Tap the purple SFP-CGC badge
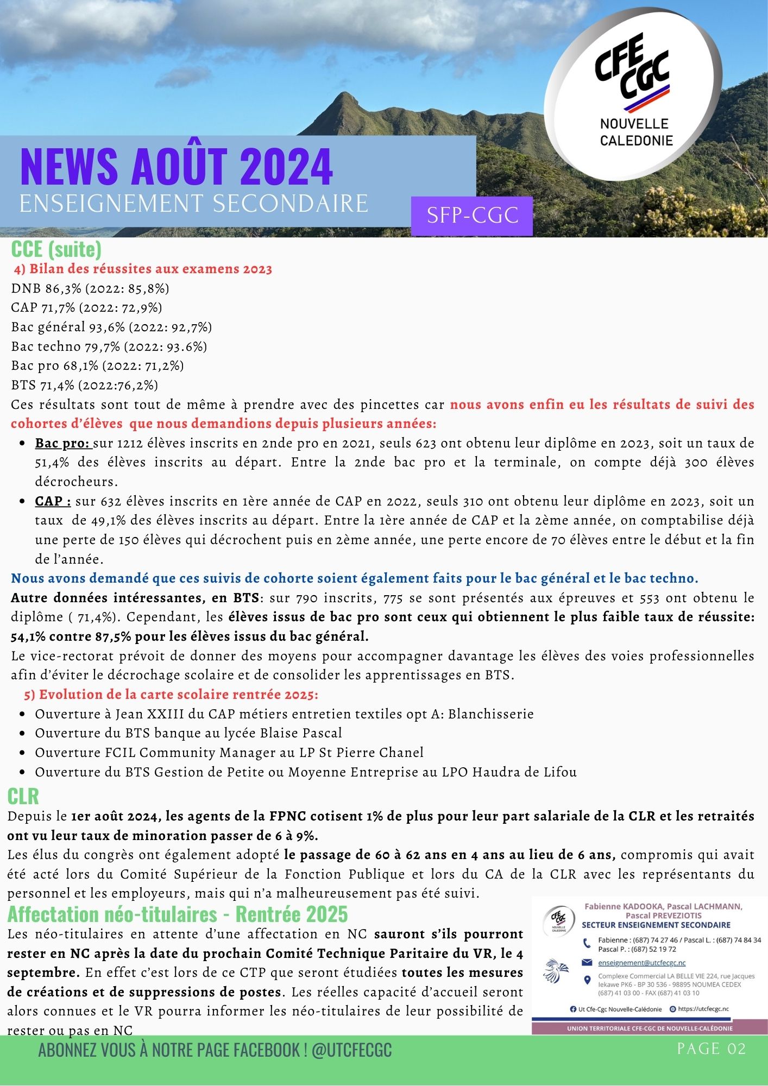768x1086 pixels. click(x=472, y=216)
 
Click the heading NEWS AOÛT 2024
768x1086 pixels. click(x=177, y=166)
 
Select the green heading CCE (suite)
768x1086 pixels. click(x=56, y=249)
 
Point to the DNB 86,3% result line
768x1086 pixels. click(x=90, y=288)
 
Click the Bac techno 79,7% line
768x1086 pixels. click(x=109, y=346)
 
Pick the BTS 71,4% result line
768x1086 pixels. click(x=85, y=386)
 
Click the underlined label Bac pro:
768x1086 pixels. click(x=63, y=443)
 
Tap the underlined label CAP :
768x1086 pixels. click(x=53, y=501)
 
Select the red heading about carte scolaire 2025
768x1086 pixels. click(x=171, y=694)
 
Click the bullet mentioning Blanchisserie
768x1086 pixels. click(x=284, y=714)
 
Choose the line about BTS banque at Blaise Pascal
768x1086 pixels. click(x=188, y=733)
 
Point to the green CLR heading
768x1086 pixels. click(x=23, y=796)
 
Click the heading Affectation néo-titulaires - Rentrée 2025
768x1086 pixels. click(x=178, y=914)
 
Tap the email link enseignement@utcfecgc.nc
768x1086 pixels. click(x=641, y=963)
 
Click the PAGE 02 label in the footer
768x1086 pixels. click(x=711, y=1049)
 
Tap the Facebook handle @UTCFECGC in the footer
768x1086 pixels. click(x=352, y=1050)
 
